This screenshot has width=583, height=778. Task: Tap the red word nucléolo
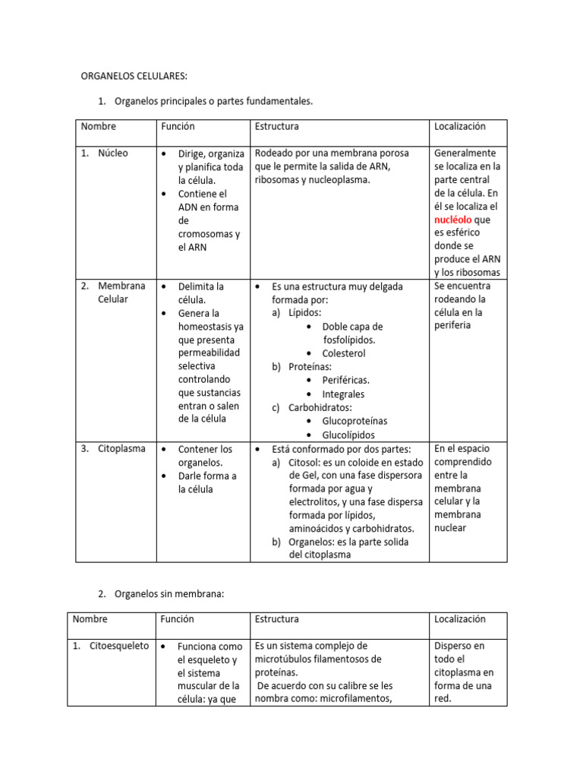pyautogui.click(x=453, y=220)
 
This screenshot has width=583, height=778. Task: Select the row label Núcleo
pyautogui.click(x=112, y=153)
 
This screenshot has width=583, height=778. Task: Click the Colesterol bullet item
pyautogui.click(x=343, y=353)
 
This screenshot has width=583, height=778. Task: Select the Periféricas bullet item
pyautogui.click(x=345, y=380)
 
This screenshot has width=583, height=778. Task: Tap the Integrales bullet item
pyautogui.click(x=343, y=394)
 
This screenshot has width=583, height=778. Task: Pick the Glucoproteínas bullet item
pyautogui.click(x=355, y=421)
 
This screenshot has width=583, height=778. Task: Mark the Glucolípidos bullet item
pyautogui.click(x=348, y=435)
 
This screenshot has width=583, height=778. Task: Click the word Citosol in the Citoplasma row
pyautogui.click(x=306, y=463)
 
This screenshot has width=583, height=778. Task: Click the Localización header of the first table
pyautogui.click(x=459, y=127)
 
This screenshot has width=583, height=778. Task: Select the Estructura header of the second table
pyautogui.click(x=277, y=619)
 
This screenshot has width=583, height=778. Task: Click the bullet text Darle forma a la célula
pyautogui.click(x=206, y=482)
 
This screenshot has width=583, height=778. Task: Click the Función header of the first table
pyautogui.click(x=177, y=127)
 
